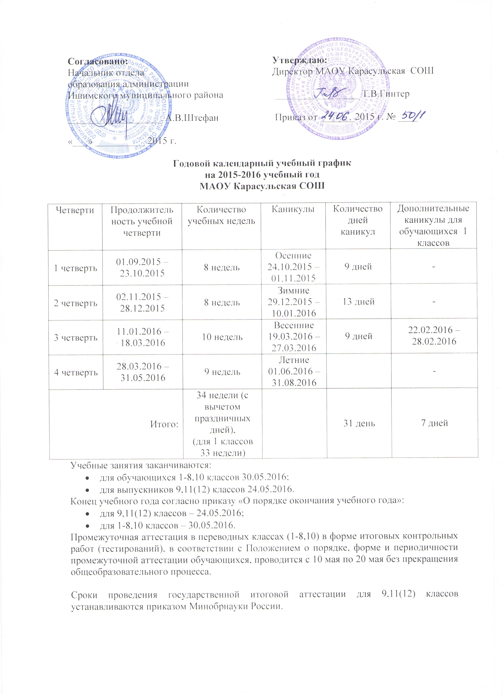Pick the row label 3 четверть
[x=75, y=337]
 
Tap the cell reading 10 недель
[x=222, y=337]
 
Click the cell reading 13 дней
[x=358, y=301]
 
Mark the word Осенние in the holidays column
[x=293, y=255]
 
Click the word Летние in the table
[x=293, y=360]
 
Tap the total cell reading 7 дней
[x=434, y=423]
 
